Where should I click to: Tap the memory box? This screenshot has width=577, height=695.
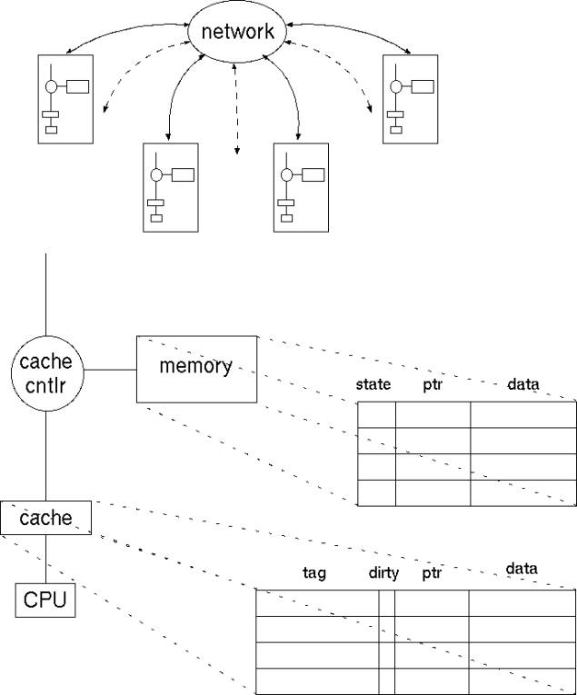[x=195, y=368]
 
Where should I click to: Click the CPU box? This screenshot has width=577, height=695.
[x=45, y=601]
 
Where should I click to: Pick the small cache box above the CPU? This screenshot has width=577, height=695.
[x=45, y=518]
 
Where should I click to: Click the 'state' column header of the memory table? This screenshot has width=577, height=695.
[x=373, y=385]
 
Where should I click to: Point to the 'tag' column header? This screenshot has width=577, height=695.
[x=313, y=572]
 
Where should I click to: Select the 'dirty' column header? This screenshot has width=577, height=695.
[x=383, y=573]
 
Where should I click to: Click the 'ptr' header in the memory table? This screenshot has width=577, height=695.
[x=432, y=385]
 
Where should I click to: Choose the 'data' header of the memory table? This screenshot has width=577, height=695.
[x=522, y=385]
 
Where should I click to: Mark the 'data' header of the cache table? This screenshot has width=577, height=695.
[x=522, y=570]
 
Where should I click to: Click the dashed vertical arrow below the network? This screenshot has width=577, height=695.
[x=237, y=109]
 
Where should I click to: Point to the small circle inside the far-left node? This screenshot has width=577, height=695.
[x=52, y=87]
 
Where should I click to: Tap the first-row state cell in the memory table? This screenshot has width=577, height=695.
[x=377, y=413]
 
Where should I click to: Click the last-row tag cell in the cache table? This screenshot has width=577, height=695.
[x=317, y=680]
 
